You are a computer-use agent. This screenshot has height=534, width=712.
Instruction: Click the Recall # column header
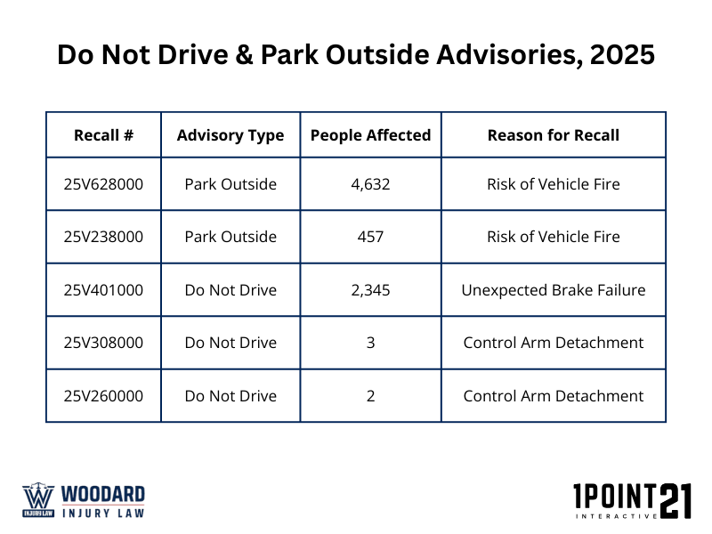103,135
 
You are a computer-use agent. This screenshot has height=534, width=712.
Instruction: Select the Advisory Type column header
231,135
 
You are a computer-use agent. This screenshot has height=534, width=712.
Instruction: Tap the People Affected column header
370,135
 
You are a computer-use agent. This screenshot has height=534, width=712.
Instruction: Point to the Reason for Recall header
554,135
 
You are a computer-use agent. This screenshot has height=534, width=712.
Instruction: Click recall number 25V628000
103,184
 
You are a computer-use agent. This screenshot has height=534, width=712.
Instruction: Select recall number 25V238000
103,237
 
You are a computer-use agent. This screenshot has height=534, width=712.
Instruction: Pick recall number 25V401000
103,290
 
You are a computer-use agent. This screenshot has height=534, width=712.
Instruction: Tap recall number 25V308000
103,343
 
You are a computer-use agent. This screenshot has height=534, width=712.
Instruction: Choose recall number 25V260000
103,396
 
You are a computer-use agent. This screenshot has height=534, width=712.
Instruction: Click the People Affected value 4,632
370,184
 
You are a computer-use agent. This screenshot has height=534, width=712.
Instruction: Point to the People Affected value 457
370,237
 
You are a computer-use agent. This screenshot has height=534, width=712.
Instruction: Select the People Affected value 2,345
370,290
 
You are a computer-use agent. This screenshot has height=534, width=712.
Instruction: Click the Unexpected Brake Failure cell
554,290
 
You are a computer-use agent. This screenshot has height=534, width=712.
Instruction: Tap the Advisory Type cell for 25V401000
231,290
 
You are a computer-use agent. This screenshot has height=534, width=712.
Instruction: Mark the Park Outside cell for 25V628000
231,184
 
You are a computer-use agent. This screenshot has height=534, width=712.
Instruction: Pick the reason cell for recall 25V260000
554,396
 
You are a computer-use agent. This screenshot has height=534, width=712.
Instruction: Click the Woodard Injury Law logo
84,500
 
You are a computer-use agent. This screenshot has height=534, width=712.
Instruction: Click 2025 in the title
619,54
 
